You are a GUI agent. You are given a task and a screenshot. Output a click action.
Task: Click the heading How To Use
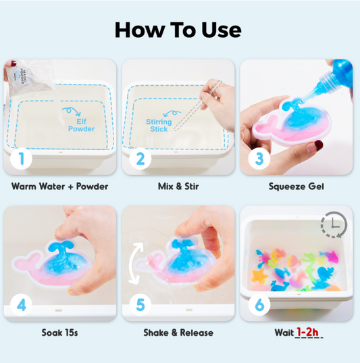click(178, 30)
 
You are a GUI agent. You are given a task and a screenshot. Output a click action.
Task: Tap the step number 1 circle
click(22, 159)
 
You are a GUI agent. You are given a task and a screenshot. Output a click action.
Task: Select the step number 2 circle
click(140, 159)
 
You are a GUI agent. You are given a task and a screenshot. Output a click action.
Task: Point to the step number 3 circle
click(259, 159)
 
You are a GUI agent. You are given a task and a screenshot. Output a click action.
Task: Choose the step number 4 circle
click(22, 305)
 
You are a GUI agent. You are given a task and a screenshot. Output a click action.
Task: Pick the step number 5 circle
click(140, 305)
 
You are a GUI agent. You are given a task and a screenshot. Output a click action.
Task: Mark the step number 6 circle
click(259, 305)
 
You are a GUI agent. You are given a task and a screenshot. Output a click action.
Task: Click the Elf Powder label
click(82, 125)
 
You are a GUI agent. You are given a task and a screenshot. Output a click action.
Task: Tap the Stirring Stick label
click(159, 126)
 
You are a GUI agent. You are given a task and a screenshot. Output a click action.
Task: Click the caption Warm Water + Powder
click(59, 187)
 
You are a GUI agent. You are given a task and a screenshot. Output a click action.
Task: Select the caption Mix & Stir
click(178, 187)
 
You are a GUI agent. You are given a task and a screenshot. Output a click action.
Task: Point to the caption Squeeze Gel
click(296, 187)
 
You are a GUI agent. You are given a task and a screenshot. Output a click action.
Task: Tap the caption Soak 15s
click(59, 333)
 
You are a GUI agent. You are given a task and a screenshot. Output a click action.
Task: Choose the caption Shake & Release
click(178, 333)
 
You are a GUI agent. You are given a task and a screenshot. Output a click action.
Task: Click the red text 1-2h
click(308, 332)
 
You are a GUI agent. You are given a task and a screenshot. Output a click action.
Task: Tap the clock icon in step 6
click(334, 224)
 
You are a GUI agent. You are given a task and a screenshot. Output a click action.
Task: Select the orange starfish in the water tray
click(259, 276)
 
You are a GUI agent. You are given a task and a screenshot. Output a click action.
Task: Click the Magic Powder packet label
click(23, 76)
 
